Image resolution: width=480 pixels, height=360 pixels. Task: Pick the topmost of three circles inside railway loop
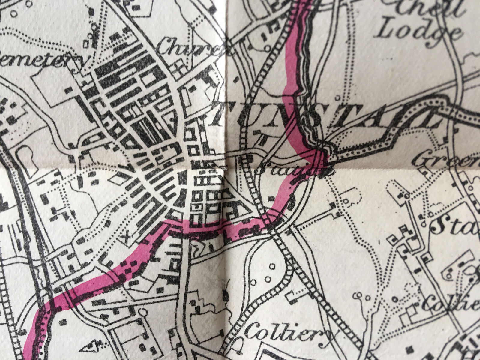click(272, 266)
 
